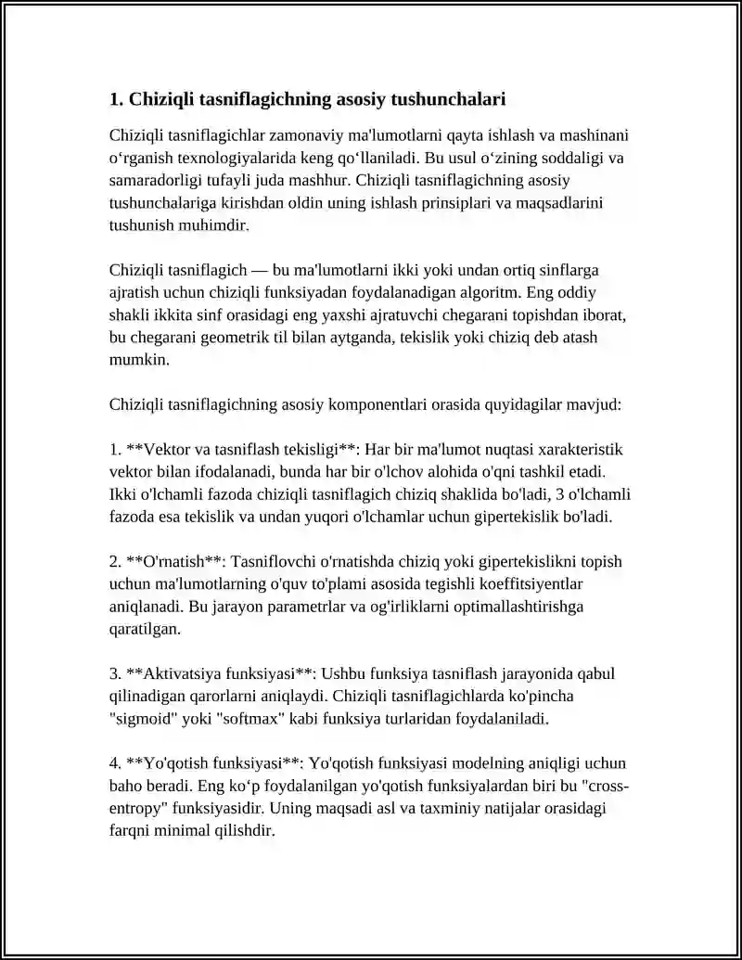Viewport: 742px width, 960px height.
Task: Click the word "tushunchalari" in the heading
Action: point(449,98)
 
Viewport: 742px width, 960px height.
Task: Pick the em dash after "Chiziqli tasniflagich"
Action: point(256,270)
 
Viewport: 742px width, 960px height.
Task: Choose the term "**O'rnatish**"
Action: point(173,562)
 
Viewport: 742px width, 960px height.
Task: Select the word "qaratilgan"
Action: point(144,629)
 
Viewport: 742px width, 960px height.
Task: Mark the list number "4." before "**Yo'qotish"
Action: point(116,764)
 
